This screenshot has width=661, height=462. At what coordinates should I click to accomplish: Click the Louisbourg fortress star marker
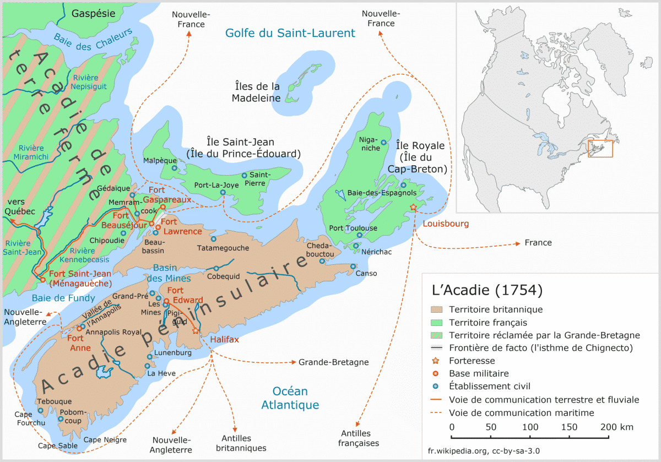tap(413, 207)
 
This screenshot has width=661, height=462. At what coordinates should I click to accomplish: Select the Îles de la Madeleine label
tap(256, 93)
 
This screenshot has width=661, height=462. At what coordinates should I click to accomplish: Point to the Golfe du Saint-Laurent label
tap(290, 33)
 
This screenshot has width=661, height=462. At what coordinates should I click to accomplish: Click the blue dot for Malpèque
tap(174, 169)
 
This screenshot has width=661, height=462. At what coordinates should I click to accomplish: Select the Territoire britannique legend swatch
tap(437, 310)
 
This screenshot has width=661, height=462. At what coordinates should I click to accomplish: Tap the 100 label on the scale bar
tap(530, 427)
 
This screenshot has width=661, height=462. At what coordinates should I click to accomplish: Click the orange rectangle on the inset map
tap(600, 149)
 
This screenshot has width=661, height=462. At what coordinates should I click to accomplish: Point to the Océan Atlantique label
tap(290, 398)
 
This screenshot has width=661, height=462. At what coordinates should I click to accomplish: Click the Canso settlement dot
tap(353, 267)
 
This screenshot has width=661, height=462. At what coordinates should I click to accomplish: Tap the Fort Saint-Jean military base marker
tap(42, 280)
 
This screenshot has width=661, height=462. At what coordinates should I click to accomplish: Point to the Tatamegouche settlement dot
tap(213, 239)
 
